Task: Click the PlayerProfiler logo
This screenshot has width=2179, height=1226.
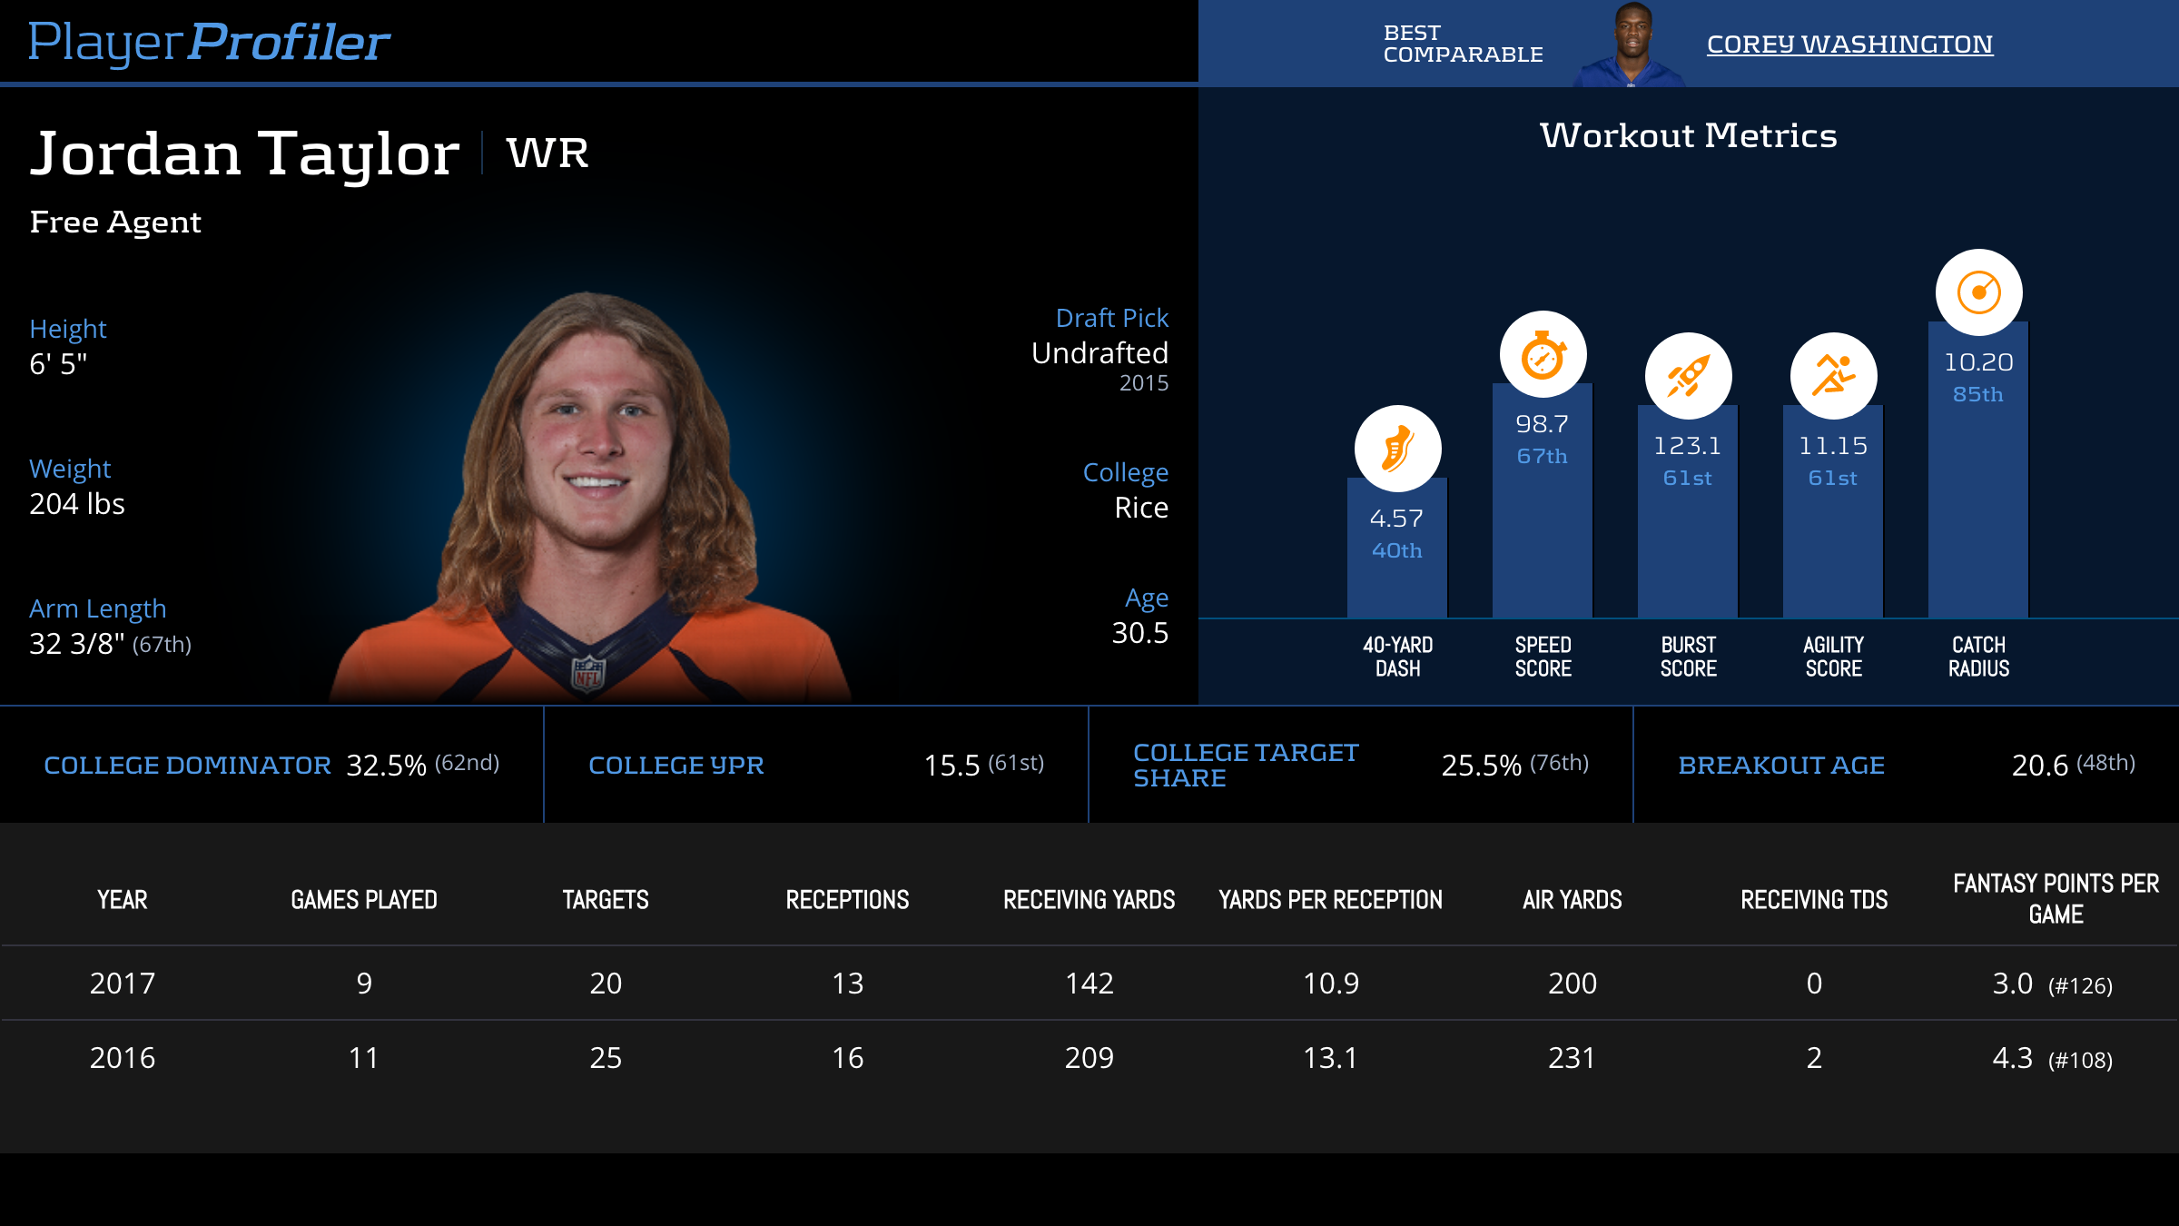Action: coord(209,43)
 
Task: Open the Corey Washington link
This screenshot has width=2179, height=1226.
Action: coord(1849,44)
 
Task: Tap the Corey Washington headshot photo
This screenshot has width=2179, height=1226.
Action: coord(1632,45)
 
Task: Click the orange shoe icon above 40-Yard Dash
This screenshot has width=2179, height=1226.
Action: coord(1397,449)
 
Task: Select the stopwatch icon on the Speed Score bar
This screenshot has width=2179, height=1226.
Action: coord(1543,355)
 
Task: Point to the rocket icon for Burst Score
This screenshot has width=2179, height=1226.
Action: coord(1688,376)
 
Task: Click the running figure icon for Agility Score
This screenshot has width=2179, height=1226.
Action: coord(1833,376)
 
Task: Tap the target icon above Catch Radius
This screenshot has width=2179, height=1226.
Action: coord(1978,292)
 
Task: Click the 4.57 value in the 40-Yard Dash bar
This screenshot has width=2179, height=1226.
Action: coord(1396,519)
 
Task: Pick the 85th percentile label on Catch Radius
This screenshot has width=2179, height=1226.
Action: coord(1978,394)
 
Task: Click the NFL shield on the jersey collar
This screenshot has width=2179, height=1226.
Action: coord(587,674)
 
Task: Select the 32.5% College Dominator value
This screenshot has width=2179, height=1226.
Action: coord(386,766)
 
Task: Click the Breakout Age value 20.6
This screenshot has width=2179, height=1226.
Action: coord(2039,766)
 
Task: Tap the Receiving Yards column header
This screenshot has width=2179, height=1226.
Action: coord(1089,900)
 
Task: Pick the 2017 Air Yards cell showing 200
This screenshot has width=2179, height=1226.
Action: coord(1572,984)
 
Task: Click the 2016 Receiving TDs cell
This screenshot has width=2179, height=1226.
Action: coord(1813,1058)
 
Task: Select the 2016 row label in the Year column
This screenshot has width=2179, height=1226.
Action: coord(123,1058)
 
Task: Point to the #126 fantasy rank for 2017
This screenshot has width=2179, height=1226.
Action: coord(2080,986)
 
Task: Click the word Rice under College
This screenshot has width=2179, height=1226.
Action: coord(1141,508)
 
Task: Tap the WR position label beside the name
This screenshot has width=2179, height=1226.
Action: coord(547,153)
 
